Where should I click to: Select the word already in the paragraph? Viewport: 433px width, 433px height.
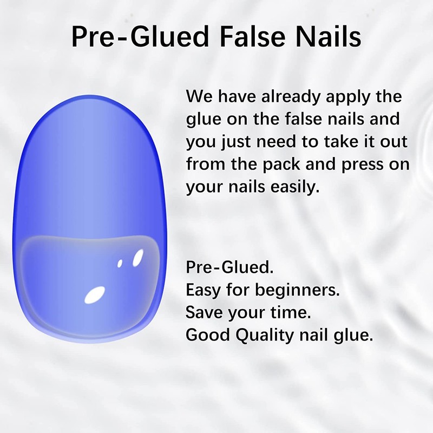pyautogui.click(x=288, y=97)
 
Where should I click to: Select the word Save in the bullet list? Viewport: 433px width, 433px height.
pyautogui.click(x=201, y=312)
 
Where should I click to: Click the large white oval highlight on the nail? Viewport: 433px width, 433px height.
pyautogui.click(x=95, y=294)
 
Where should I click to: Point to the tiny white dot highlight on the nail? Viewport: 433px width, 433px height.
pyautogui.click(x=120, y=264)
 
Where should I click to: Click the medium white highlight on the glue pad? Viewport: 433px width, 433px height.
pyautogui.click(x=137, y=257)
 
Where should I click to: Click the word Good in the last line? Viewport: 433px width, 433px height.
pyautogui.click(x=204, y=335)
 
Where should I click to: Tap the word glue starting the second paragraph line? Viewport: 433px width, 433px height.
pyautogui.click(x=202, y=120)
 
